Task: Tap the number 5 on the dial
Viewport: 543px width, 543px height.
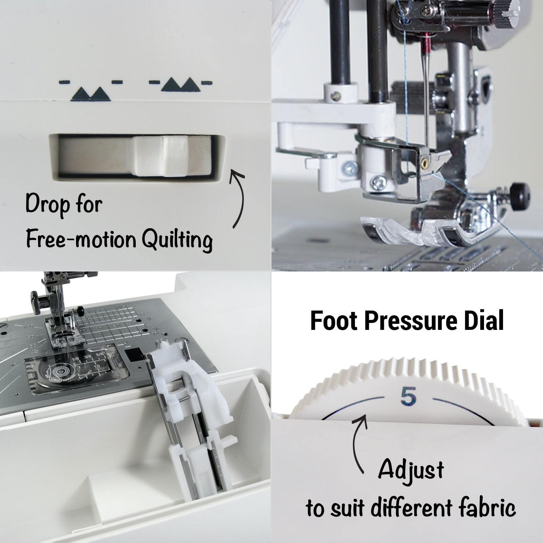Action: pos(408,397)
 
